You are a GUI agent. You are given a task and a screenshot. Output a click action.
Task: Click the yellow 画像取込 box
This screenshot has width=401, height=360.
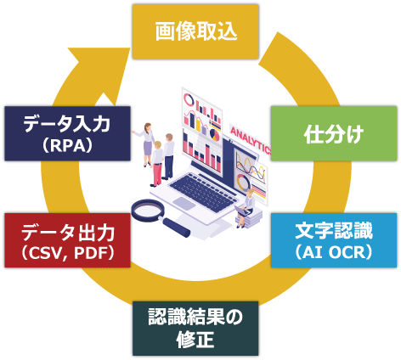[x=195, y=31]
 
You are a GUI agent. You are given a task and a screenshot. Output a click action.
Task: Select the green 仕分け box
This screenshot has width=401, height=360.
[x=334, y=133]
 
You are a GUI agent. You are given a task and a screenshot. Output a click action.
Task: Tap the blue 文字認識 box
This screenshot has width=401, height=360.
[x=334, y=240]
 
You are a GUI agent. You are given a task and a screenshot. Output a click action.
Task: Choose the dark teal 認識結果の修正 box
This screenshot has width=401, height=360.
[x=195, y=329]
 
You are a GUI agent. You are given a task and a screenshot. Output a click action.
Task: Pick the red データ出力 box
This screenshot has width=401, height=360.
[x=67, y=240]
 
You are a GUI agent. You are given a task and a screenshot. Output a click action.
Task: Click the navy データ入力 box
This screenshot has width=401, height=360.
[x=67, y=133]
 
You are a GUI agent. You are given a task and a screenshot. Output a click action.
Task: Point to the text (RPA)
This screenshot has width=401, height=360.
[x=67, y=145]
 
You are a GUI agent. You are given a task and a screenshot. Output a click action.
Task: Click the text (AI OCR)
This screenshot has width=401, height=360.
[x=334, y=252]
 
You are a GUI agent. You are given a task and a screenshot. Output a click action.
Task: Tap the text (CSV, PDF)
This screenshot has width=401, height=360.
[x=67, y=252]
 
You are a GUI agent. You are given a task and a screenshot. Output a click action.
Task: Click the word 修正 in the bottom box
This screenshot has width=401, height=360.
[x=195, y=340]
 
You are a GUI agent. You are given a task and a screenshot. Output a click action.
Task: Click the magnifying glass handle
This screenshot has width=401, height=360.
[x=176, y=228]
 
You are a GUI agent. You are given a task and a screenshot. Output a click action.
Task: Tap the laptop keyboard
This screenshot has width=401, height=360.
[x=203, y=192]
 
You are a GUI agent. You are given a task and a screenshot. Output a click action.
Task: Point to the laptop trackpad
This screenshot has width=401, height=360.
[x=184, y=204]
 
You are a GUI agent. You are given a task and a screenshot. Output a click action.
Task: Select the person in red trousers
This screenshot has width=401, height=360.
[x=156, y=164]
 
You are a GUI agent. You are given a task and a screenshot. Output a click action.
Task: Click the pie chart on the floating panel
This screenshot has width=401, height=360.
[x=215, y=135]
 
